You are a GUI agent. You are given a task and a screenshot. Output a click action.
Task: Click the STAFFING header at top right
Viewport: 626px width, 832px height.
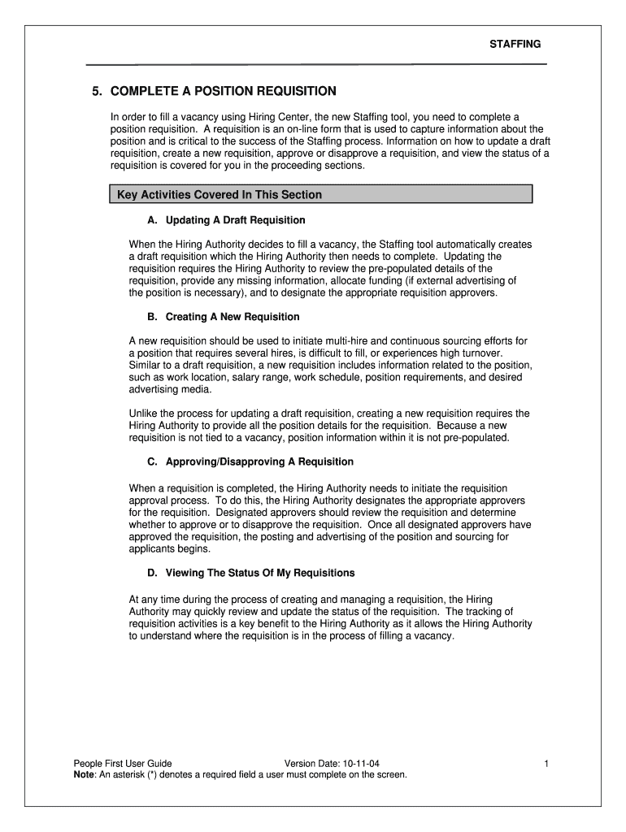pos(515,44)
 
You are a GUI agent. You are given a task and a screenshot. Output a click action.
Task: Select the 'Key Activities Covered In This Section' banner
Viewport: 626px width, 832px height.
pos(320,195)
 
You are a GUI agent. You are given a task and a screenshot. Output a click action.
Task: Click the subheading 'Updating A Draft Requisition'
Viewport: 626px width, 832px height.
pos(235,220)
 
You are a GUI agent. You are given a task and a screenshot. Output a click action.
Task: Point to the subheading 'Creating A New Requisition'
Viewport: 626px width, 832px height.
pos(232,317)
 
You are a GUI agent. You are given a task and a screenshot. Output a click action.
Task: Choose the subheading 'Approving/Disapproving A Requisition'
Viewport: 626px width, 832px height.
pos(259,461)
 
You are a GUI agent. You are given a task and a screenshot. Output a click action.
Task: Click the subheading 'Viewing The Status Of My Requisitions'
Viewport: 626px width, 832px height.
pos(260,573)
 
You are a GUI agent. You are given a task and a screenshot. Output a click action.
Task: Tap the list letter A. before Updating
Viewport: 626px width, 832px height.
pos(152,220)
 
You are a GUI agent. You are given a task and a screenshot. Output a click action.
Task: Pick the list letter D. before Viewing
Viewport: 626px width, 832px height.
pos(152,573)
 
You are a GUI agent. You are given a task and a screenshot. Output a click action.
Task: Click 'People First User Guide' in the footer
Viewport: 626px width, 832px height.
pos(123,764)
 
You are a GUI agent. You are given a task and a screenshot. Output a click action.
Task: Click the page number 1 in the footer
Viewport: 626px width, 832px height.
pos(548,764)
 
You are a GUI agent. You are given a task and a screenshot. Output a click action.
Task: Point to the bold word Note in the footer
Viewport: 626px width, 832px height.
pos(84,775)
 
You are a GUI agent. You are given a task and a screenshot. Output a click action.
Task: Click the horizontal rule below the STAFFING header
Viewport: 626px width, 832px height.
pos(316,64)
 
